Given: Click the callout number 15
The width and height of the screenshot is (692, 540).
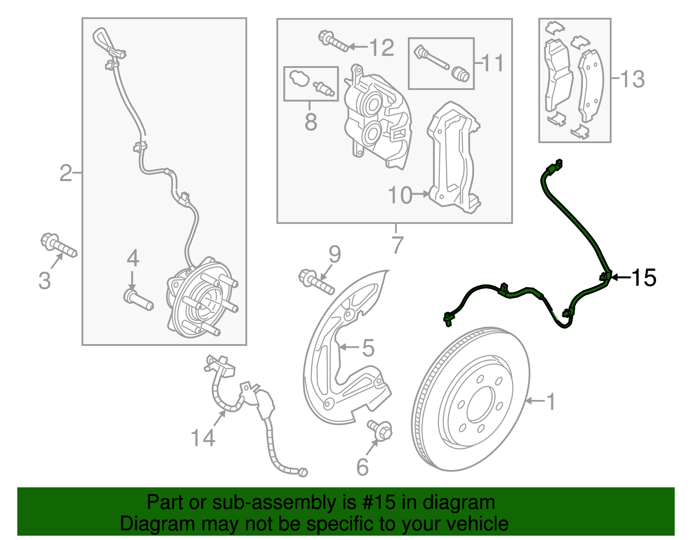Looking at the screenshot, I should [x=644, y=278].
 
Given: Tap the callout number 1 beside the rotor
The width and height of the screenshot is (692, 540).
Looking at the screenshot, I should [x=550, y=402].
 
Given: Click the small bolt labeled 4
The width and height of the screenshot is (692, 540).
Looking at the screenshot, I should [x=138, y=300].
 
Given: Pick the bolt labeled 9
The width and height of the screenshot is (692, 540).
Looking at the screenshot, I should [x=316, y=281].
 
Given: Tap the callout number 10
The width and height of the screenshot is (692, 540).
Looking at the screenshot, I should [x=400, y=195].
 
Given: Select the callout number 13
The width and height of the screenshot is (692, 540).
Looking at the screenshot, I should [x=632, y=80].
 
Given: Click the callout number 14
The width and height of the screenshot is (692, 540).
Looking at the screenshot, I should [x=203, y=438].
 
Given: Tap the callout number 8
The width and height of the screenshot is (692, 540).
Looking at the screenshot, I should [x=311, y=122].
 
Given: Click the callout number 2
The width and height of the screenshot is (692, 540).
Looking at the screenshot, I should [x=66, y=173].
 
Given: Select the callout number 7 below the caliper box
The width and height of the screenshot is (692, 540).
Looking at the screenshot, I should [x=397, y=245].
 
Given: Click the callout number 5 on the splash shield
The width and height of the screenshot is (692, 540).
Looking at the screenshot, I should [x=368, y=348].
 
